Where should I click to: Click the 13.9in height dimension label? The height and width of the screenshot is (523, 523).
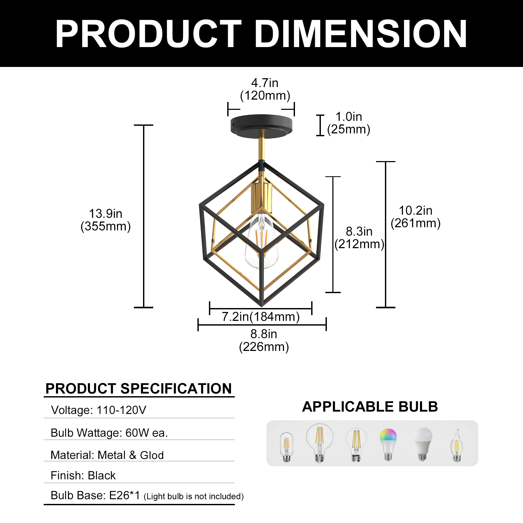(106, 220)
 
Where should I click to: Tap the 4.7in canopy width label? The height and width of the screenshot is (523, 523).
(265, 89)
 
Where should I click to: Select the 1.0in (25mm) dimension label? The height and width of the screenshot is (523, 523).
(349, 123)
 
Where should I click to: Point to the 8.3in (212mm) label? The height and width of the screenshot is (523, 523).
(359, 238)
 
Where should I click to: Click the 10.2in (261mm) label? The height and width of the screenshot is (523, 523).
(416, 217)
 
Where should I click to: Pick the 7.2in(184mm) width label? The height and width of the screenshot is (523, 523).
(261, 316)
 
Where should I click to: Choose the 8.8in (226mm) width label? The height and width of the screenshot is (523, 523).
(264, 340)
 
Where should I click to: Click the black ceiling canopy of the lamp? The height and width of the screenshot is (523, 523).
(261, 126)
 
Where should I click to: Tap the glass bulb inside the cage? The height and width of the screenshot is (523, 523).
(261, 241)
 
